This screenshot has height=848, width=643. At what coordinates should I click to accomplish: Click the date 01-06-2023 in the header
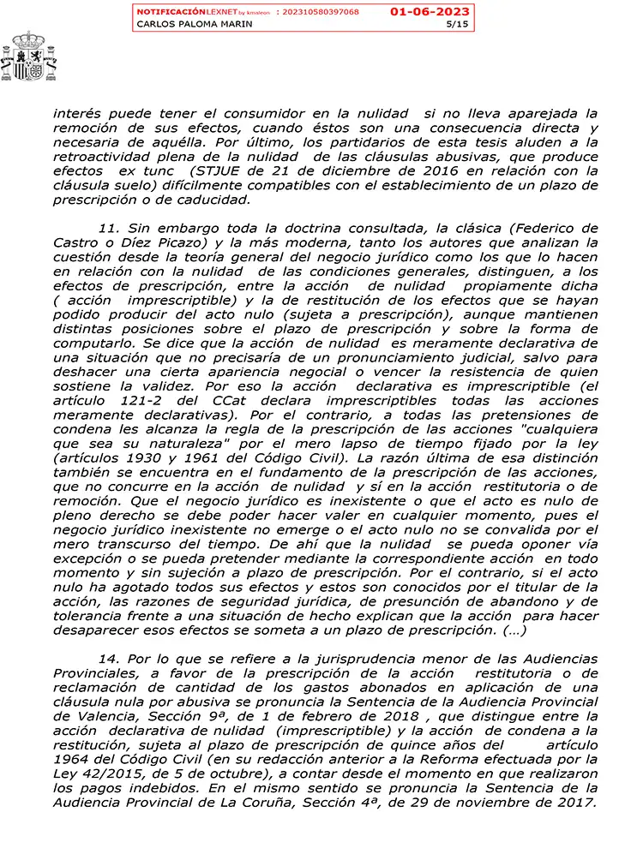[430, 11]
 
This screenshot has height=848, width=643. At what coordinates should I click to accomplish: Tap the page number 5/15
[459, 24]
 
